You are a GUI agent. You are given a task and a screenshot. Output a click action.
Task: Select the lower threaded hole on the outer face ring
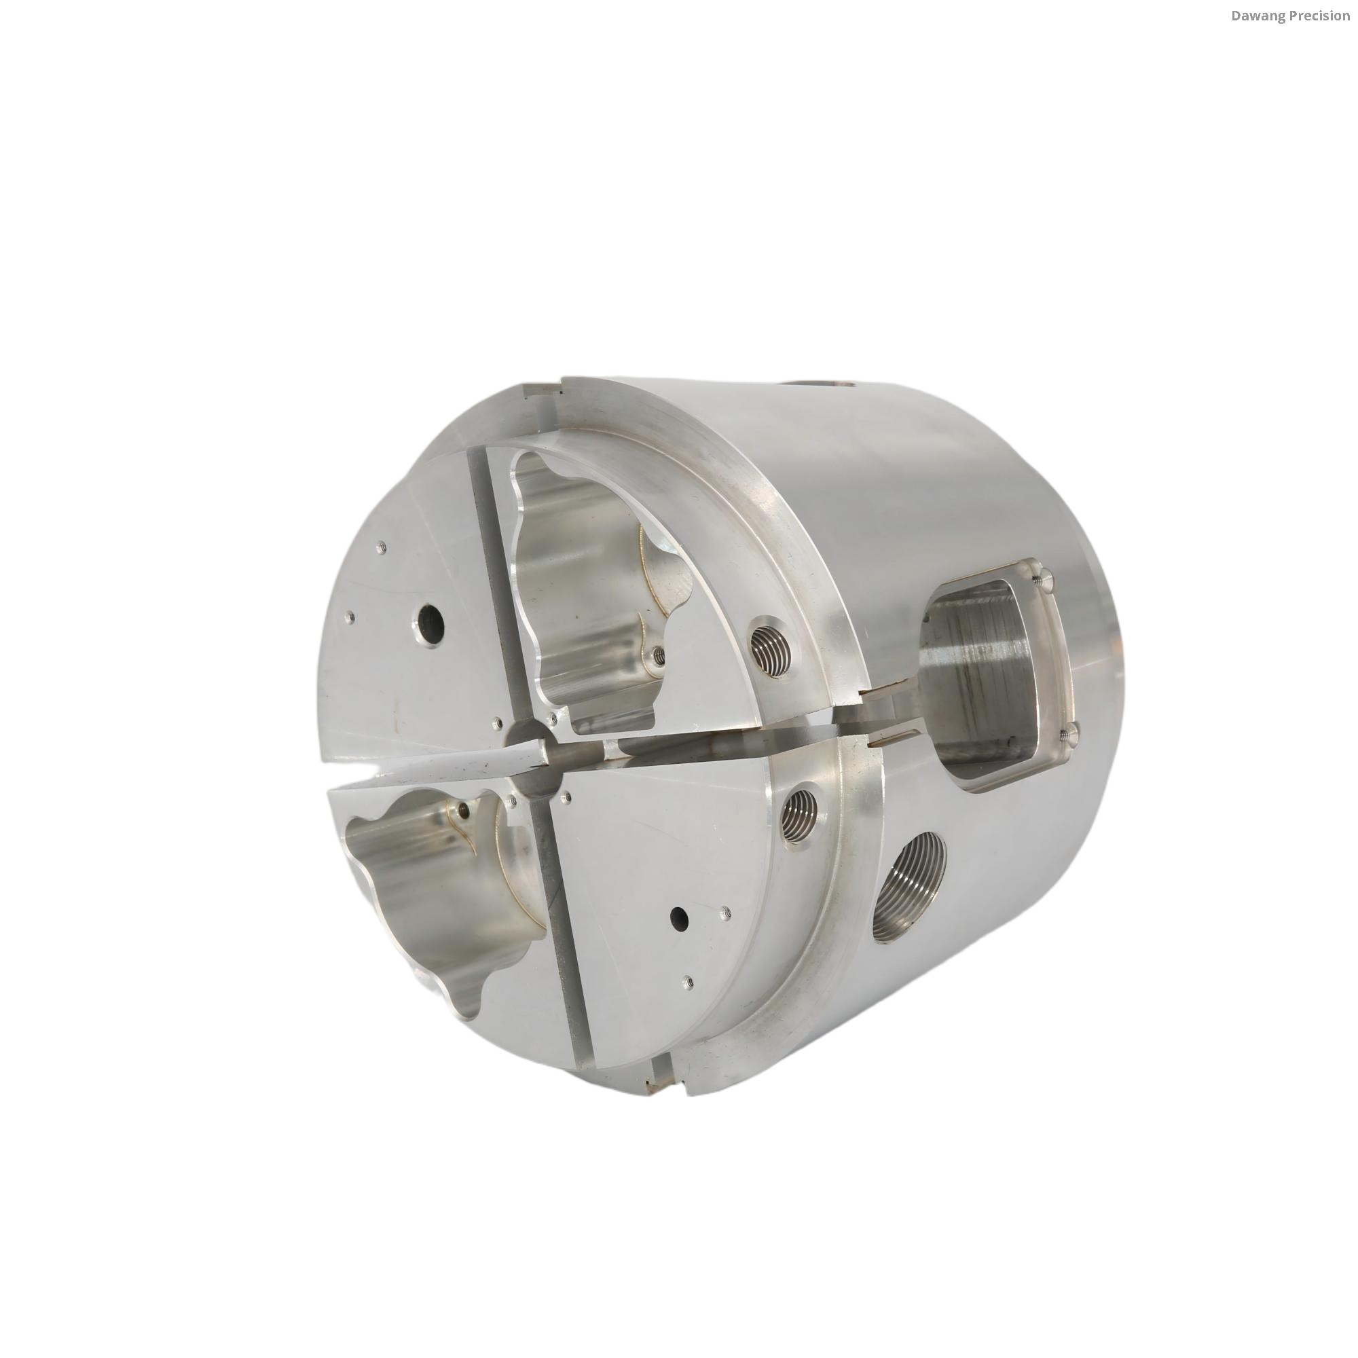[803, 813]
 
